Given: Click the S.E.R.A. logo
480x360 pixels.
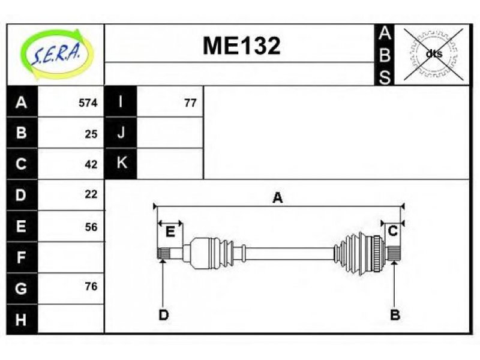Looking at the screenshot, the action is click(x=56, y=55).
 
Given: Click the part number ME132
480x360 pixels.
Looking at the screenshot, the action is click(x=242, y=46).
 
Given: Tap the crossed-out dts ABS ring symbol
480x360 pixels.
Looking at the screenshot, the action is click(x=433, y=55).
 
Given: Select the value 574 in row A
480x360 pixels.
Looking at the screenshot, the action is click(x=88, y=103).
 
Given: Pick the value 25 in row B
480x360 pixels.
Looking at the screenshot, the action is click(x=91, y=134).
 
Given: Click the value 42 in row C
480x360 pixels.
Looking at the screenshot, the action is click(x=91, y=164).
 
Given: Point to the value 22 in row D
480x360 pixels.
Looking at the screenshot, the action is click(x=91, y=194).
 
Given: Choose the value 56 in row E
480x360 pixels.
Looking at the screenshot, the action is click(x=91, y=227).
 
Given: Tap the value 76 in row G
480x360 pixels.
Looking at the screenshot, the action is click(x=91, y=286).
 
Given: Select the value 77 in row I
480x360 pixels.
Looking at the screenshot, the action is click(x=190, y=103).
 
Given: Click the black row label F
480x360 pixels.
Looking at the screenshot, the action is click(x=22, y=257).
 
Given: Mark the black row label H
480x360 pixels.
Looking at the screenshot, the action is click(x=22, y=319).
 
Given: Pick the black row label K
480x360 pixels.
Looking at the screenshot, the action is click(x=121, y=163).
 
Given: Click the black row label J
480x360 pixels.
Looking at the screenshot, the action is click(x=121, y=133).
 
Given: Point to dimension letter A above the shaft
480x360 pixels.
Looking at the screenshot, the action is click(x=277, y=198).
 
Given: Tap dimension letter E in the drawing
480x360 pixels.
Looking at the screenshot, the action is click(x=170, y=232).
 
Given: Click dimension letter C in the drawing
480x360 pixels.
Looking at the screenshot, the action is click(x=392, y=231).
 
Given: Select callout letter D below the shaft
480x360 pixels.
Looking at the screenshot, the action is click(x=163, y=314).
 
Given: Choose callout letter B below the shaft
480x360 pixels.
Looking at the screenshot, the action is click(x=395, y=314).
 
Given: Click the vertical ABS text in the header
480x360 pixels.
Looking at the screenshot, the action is click(x=384, y=55).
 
